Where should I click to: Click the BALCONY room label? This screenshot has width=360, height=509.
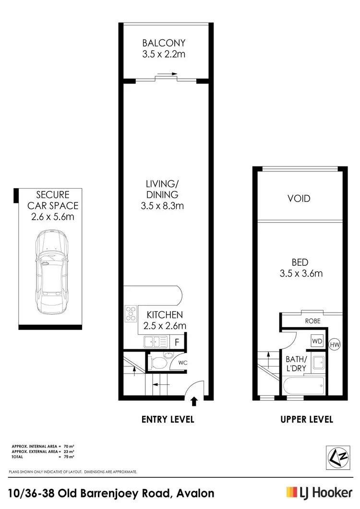[164, 43]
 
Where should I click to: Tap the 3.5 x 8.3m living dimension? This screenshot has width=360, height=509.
[162, 206]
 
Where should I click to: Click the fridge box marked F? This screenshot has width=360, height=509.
[177, 343]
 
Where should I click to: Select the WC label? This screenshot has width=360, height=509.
[182, 363]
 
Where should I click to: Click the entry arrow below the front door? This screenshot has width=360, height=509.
[194, 401]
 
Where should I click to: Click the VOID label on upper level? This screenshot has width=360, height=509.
[299, 199]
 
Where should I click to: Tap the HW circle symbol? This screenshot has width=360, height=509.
[335, 344]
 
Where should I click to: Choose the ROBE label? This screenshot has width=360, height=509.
[312, 320]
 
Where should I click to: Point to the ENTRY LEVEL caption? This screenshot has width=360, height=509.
[168, 419]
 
